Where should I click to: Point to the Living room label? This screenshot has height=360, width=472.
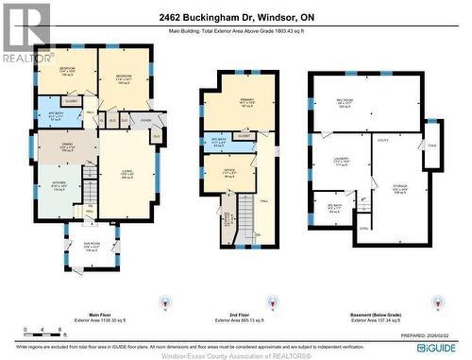click(126, 175)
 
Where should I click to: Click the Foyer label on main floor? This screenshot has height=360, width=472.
click(146, 121)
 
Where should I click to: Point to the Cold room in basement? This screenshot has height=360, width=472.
click(432, 145)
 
